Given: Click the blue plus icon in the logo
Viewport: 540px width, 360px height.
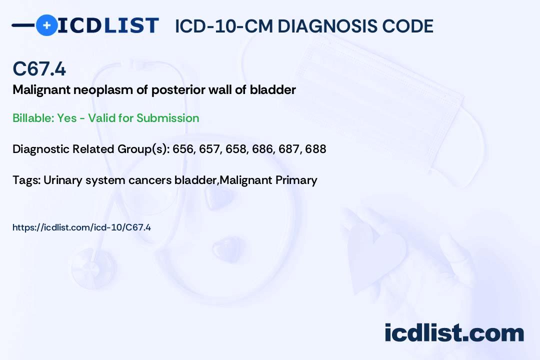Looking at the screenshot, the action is pyautogui.click(x=46, y=25).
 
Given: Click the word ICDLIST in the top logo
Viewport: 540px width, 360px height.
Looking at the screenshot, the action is pyautogui.click(x=108, y=25).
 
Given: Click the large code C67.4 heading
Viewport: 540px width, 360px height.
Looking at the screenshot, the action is pyautogui.click(x=39, y=68).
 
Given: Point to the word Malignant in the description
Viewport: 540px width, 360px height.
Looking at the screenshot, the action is pyautogui.click(x=41, y=90).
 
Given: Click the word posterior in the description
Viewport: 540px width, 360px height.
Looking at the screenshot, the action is pyautogui.click(x=177, y=90).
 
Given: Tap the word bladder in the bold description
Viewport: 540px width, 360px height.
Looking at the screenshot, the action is pyautogui.click(x=273, y=90).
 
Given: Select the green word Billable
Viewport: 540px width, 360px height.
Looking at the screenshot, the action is pyautogui.click(x=33, y=118).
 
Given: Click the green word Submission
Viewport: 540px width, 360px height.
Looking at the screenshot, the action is pyautogui.click(x=167, y=118).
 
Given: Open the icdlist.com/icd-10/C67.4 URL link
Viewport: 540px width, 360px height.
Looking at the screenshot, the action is pyautogui.click(x=81, y=227).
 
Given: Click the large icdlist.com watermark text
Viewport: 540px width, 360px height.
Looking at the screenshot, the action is pyautogui.click(x=454, y=332).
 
